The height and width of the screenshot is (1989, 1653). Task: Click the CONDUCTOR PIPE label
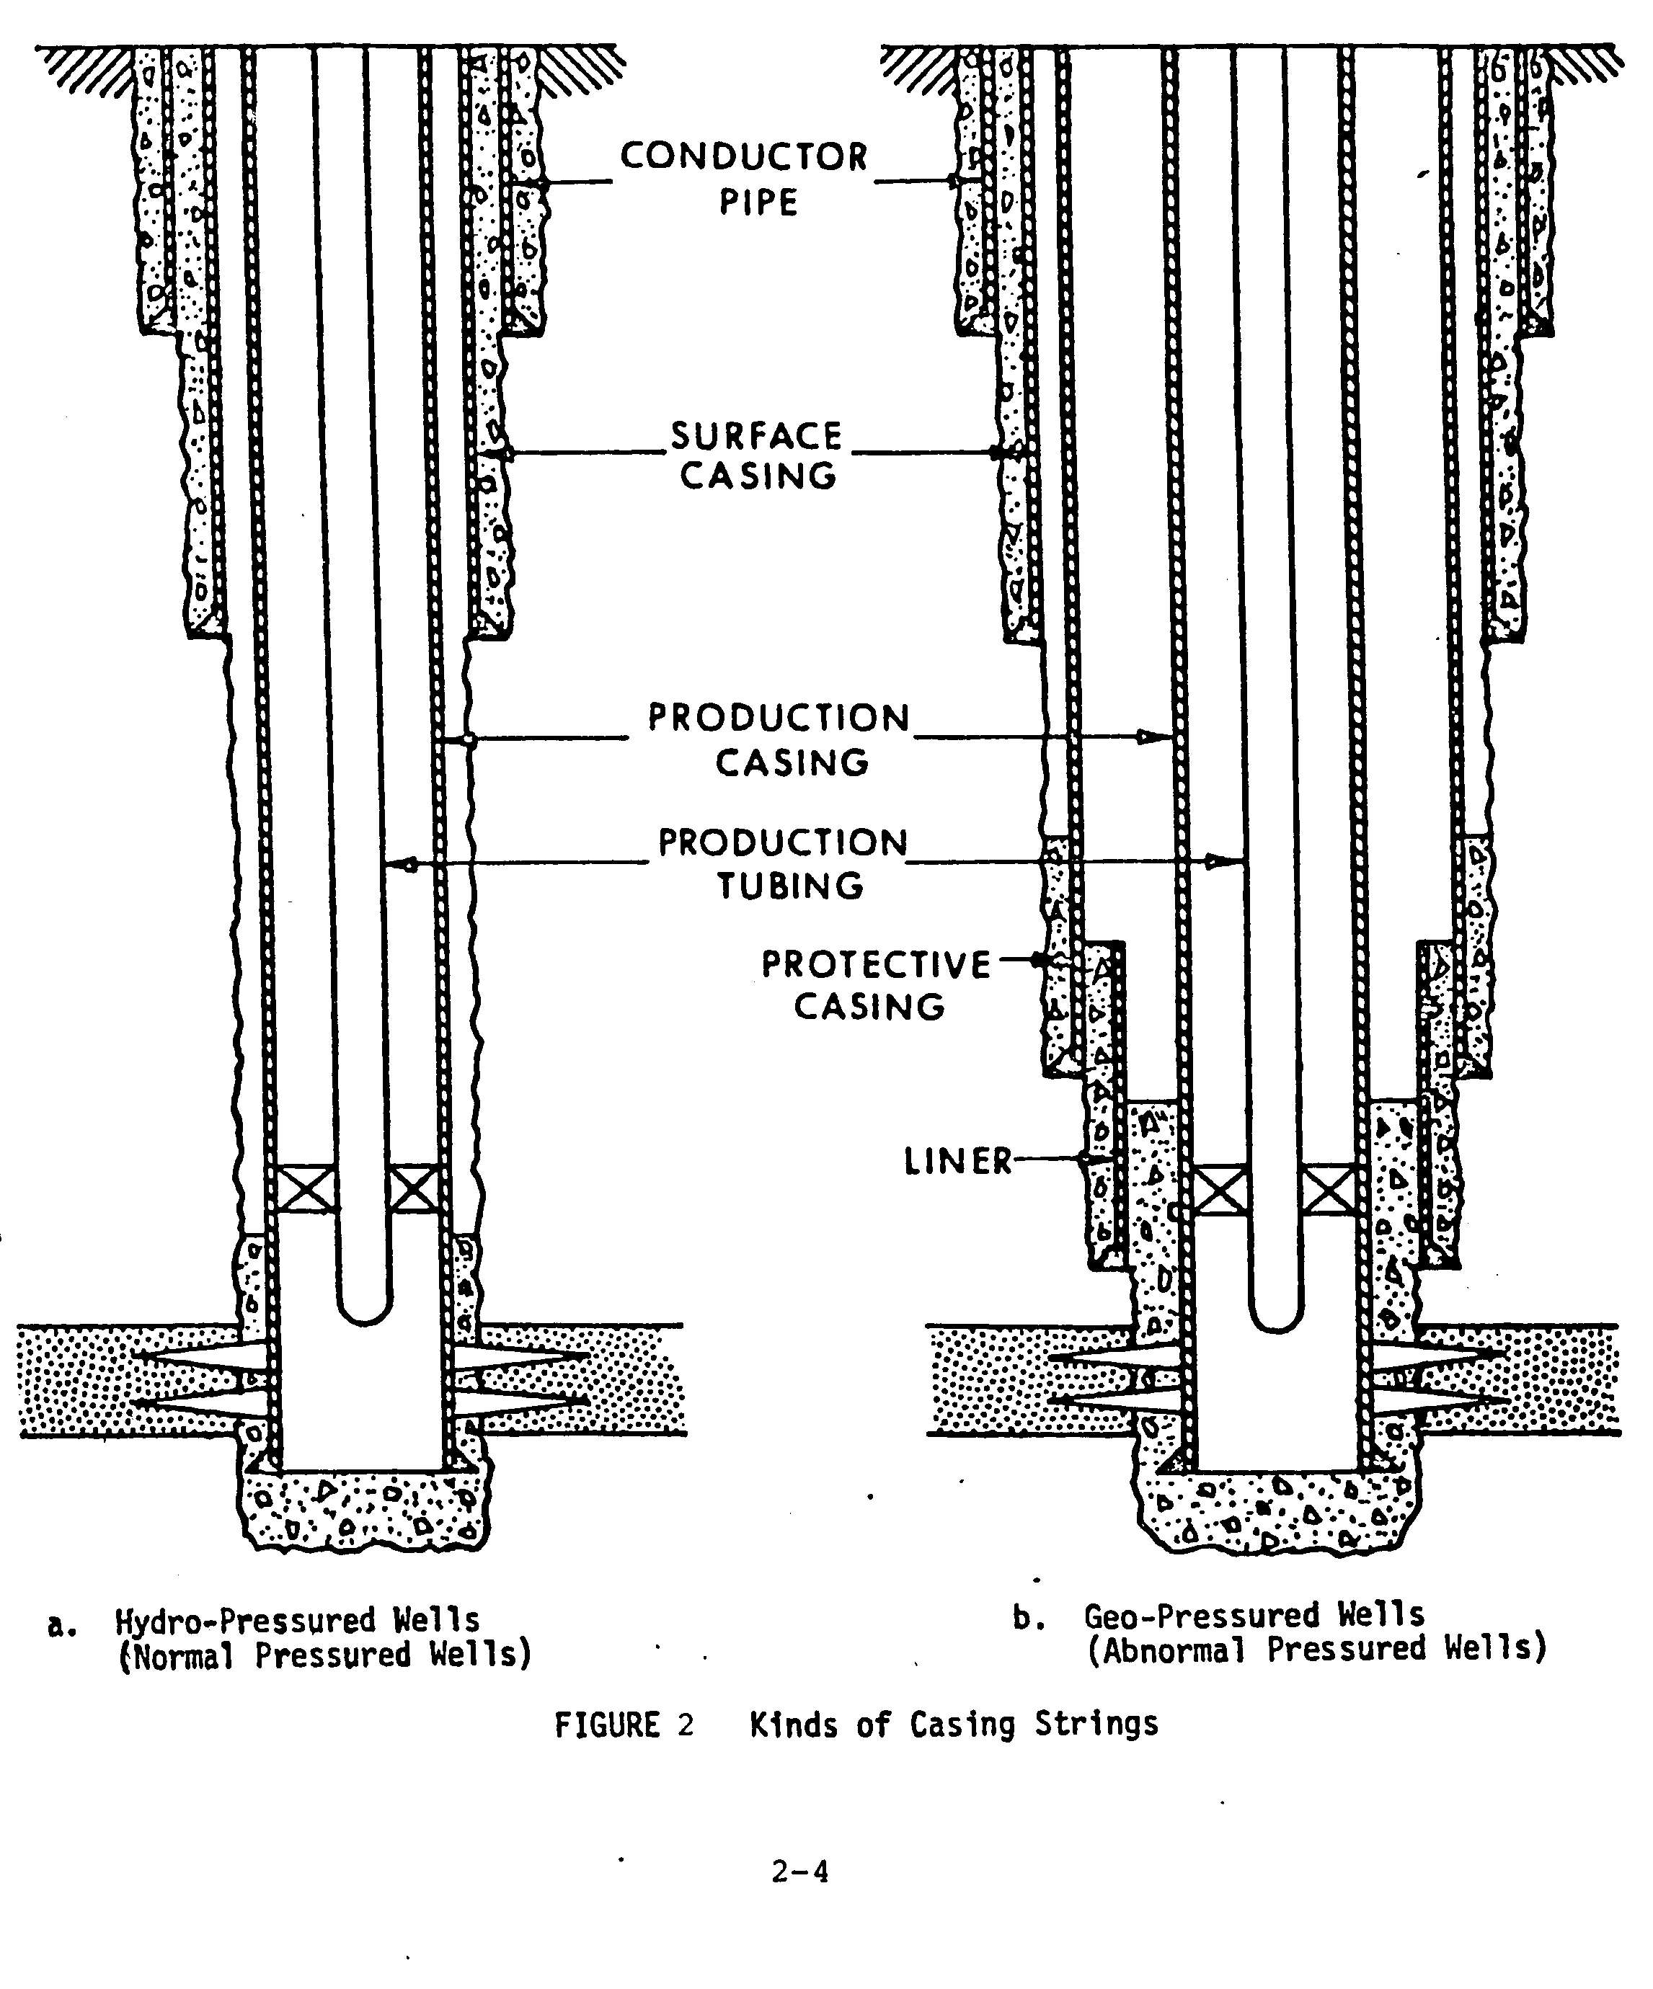(745, 178)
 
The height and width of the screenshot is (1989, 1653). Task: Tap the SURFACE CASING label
(758, 455)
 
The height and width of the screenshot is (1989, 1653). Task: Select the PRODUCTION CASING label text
(779, 739)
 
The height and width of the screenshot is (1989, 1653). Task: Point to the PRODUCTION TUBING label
(784, 863)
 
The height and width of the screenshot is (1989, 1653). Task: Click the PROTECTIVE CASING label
(875, 985)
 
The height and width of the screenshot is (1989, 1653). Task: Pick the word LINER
(957, 1161)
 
